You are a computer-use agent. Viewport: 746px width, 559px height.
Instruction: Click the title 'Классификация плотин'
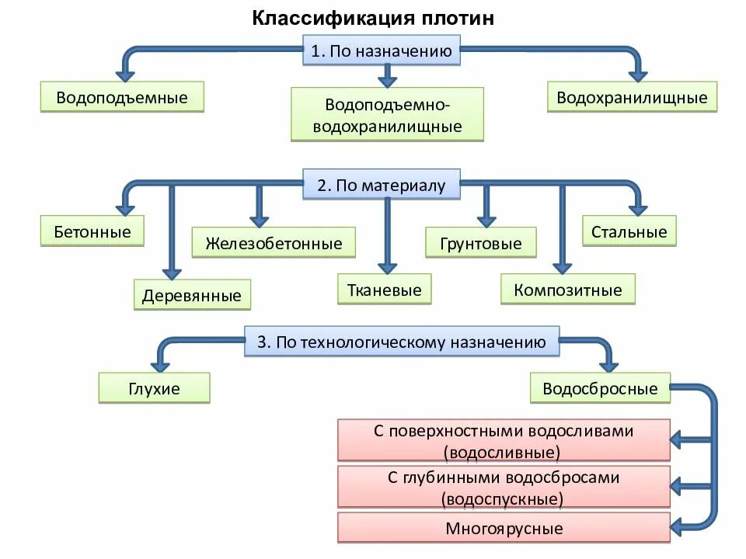click(372, 18)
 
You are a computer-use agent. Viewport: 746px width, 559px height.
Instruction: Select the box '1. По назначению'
click(381, 52)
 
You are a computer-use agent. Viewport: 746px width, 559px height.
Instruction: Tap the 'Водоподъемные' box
click(121, 98)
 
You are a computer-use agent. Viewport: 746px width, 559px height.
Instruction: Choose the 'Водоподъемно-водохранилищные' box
click(387, 114)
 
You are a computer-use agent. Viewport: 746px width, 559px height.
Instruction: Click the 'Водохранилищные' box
click(632, 98)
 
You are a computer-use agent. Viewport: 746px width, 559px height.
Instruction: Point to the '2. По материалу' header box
click(381, 186)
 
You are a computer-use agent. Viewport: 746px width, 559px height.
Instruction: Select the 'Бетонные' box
click(92, 231)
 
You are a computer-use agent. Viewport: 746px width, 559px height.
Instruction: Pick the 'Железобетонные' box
click(274, 243)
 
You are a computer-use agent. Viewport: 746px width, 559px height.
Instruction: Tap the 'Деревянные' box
click(191, 295)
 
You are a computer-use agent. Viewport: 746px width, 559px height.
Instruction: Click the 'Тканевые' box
click(384, 290)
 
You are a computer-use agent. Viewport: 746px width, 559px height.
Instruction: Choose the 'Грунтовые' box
click(480, 243)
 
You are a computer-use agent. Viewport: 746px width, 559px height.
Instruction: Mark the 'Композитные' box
click(567, 290)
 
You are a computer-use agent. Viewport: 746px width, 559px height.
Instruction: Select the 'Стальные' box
click(629, 231)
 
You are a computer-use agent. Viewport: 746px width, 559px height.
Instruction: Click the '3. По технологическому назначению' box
click(402, 342)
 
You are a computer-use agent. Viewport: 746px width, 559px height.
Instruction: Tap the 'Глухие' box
click(154, 388)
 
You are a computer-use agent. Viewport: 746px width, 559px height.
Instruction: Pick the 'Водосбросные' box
click(600, 388)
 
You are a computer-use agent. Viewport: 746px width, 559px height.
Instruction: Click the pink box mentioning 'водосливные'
click(504, 441)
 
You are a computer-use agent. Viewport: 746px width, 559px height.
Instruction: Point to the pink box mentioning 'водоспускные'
click(504, 488)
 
